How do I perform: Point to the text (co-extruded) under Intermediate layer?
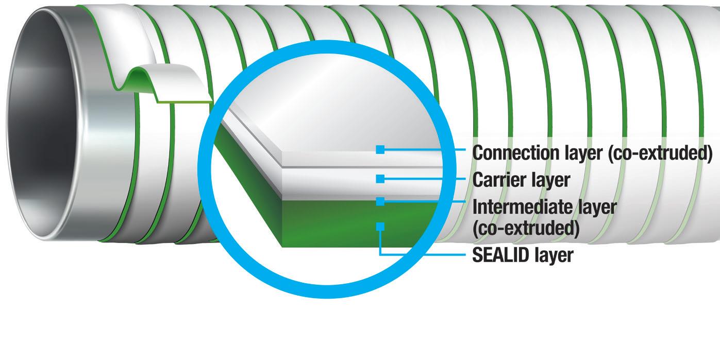525,228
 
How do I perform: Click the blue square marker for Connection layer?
380,149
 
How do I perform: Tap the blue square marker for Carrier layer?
380,179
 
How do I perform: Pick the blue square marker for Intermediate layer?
380,202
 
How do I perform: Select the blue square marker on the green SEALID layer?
380,226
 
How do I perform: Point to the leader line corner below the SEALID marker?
380,254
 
